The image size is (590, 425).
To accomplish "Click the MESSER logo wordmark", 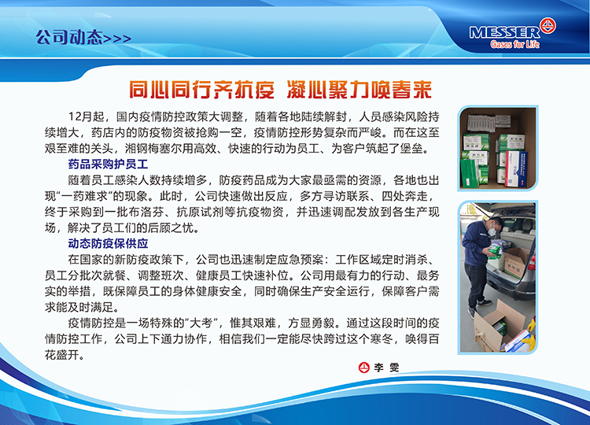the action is click(x=504, y=32).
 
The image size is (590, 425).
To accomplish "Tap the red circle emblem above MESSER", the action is click(x=548, y=25).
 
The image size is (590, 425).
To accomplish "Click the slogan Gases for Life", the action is click(x=514, y=44).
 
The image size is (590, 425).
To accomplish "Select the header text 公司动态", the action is click(x=69, y=37).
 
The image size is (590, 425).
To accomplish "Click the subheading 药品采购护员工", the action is click(x=108, y=164).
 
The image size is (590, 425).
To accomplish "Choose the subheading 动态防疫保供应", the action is click(x=108, y=243).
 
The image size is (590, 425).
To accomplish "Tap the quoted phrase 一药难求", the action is click(x=85, y=196).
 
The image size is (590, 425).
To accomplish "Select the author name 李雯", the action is click(x=386, y=368).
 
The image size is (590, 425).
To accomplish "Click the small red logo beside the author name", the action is click(x=364, y=368).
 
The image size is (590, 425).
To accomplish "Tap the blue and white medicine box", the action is click(x=516, y=168).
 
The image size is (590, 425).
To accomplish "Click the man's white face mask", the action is click(x=492, y=231).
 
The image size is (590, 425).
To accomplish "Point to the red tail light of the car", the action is click(x=532, y=262).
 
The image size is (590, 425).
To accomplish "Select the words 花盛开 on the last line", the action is click(x=62, y=355).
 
